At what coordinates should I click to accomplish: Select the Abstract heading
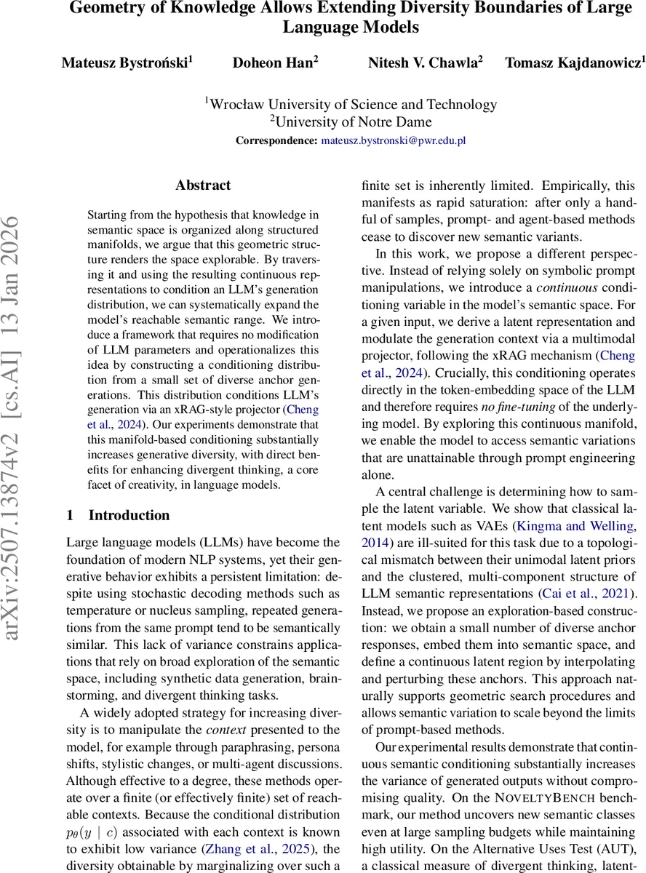(203, 186)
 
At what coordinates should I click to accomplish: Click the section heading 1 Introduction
(118, 515)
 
